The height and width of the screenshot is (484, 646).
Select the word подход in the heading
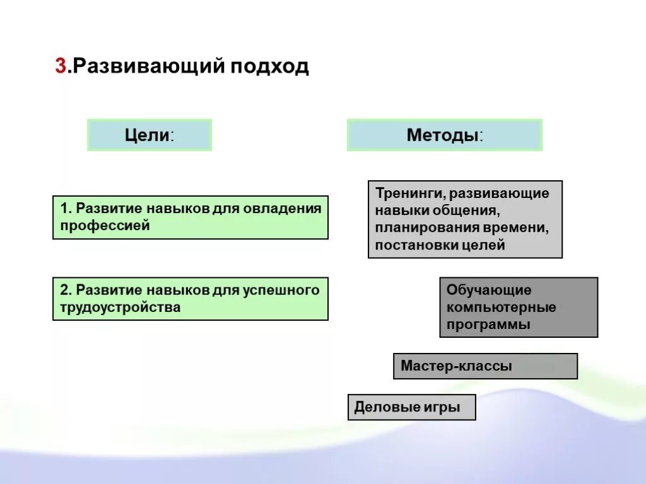click(270, 67)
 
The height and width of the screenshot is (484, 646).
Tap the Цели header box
click(149, 135)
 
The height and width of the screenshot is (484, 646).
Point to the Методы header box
click(444, 135)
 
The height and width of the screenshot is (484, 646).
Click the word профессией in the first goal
click(105, 226)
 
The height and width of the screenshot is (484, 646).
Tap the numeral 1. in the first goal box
click(66, 208)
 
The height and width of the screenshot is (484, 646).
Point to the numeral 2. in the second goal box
click(66, 290)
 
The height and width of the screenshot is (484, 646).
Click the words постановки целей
click(440, 245)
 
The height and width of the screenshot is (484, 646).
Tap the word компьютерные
click(501, 308)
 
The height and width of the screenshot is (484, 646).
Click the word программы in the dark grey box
click(488, 325)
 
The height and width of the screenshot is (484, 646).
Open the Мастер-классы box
click(484, 366)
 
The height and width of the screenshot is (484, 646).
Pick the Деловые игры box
click(411, 407)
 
